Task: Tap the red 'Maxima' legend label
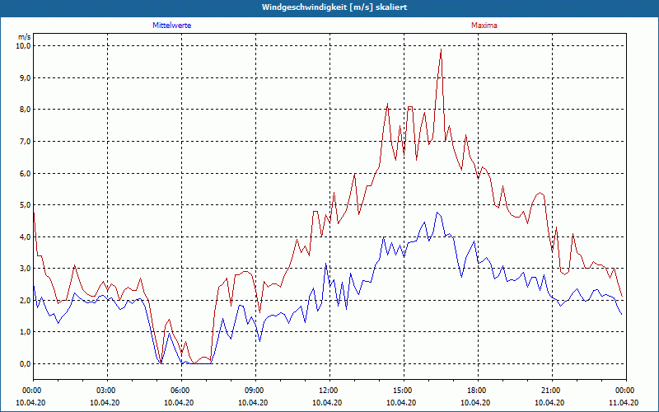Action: (484, 26)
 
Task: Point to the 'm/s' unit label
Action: (25, 37)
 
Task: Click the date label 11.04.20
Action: (624, 402)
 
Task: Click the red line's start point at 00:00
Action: (33, 213)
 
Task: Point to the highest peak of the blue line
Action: (437, 213)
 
